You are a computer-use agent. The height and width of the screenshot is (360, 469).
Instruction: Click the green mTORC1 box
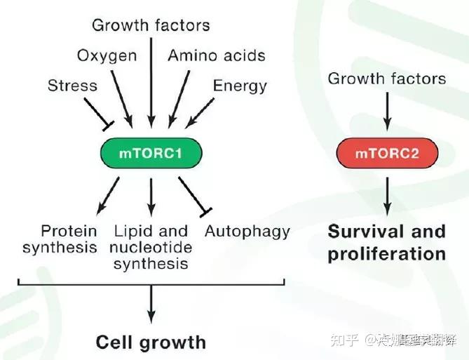tap(151, 152)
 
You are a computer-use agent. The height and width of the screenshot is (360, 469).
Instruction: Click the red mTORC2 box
tap(387, 152)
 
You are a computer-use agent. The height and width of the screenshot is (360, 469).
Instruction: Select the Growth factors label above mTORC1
tap(151, 26)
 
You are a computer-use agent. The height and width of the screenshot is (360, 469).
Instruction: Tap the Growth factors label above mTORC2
tap(386, 78)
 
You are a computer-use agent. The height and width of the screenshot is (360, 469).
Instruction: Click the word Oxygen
tap(107, 55)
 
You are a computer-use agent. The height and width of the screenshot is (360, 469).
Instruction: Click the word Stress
tap(72, 86)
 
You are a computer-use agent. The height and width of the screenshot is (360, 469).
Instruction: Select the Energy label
tap(240, 86)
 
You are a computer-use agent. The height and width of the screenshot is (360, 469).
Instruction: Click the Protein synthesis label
tap(60, 239)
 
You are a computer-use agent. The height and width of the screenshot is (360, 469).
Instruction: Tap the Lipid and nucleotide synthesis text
tap(150, 247)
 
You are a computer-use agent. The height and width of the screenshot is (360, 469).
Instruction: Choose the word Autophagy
tap(247, 231)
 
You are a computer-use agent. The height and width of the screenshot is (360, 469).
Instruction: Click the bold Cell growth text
tap(151, 342)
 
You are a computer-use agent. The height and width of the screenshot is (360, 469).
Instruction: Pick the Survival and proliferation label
tap(386, 242)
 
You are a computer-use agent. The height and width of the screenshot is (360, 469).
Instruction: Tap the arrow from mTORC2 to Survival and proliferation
tap(387, 195)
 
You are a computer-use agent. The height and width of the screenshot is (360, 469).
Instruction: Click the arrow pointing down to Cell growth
tap(151, 303)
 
